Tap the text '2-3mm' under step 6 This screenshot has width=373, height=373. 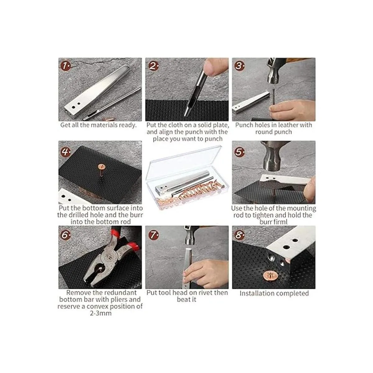pos(101,313)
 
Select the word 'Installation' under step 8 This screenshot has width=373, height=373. pos(256,293)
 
